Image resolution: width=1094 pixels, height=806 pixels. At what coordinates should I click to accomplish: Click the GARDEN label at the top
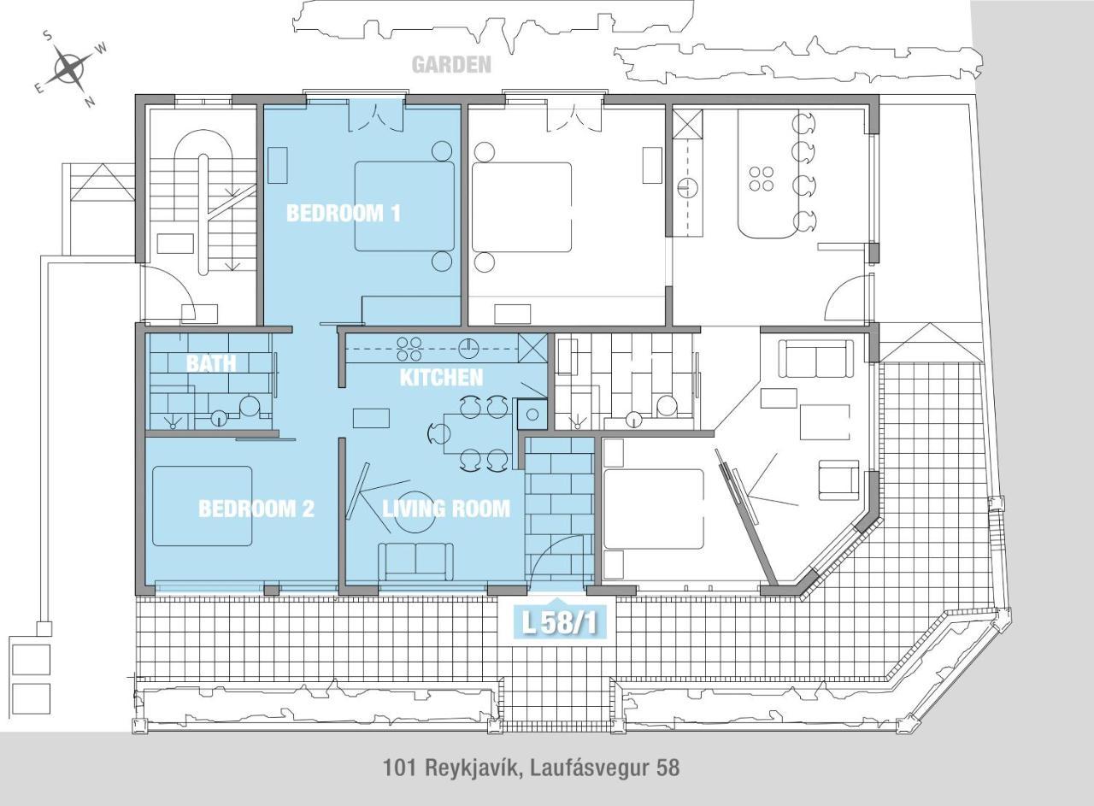click(x=451, y=65)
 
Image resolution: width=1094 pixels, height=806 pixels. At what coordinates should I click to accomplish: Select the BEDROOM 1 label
click(x=343, y=213)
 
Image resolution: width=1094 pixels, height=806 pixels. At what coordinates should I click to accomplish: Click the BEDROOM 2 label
click(x=256, y=509)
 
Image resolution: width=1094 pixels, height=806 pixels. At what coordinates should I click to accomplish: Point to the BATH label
click(x=210, y=362)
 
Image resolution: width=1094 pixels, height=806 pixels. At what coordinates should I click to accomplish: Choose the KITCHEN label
click(x=441, y=377)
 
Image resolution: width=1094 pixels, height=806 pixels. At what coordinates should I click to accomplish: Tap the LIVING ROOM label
click(x=445, y=509)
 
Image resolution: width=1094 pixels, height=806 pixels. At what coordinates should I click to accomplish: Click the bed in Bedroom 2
click(x=203, y=506)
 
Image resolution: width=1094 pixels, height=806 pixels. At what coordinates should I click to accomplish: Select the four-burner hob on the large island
click(x=762, y=179)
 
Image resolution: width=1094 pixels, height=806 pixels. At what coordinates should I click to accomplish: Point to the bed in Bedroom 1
click(x=404, y=206)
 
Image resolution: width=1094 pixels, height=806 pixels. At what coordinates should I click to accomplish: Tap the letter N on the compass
click(x=90, y=102)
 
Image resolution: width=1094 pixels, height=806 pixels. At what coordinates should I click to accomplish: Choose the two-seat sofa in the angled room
click(x=815, y=359)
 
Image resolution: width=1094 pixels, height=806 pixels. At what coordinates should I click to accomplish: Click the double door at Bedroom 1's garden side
click(x=375, y=116)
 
